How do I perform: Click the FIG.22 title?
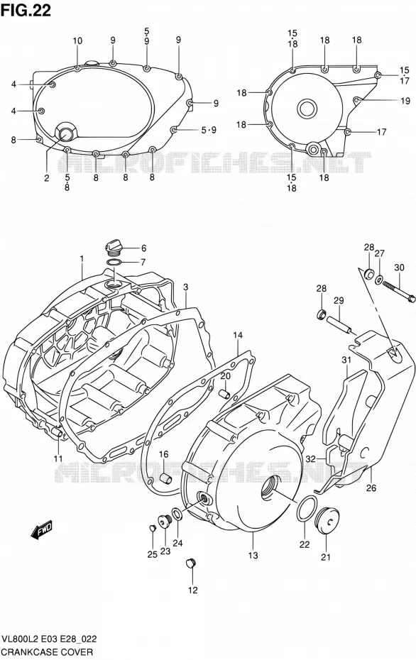(26, 10)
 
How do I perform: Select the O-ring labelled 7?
(114, 263)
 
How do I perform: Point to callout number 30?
(399, 268)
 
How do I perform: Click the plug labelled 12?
(191, 563)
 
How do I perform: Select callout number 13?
(253, 555)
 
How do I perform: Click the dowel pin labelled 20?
(224, 394)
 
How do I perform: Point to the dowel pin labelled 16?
(166, 478)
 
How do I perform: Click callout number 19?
(405, 101)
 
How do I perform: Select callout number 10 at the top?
(77, 41)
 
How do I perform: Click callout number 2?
(47, 178)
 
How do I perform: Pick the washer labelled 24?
(177, 514)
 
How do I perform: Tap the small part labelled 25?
(153, 528)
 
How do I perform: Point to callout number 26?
(371, 488)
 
